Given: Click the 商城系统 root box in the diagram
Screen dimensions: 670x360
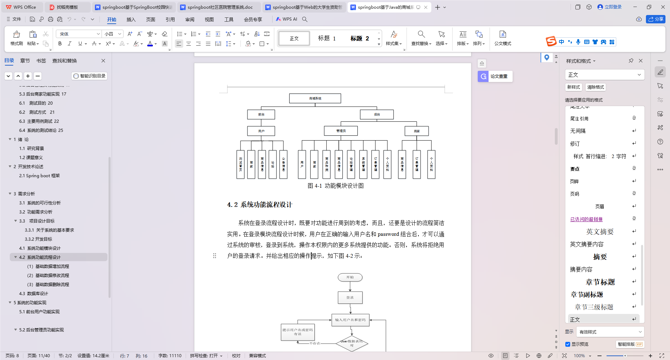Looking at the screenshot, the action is pos(315,98).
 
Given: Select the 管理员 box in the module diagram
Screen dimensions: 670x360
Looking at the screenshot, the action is pos(341,131).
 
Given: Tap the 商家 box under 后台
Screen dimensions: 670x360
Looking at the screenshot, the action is pos(416,131).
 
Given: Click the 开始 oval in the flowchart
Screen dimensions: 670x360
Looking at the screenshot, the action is pos(350,277).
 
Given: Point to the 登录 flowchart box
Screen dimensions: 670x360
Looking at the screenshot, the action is pos(350,298).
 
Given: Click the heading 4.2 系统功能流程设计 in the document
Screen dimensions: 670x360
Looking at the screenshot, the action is pos(260,205).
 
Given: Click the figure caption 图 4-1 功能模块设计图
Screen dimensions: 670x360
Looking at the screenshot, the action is pos(335,186).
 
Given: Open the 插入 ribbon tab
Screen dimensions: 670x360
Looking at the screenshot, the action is pos(131,20).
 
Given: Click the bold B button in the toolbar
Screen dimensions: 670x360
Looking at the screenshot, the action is pos(60,44).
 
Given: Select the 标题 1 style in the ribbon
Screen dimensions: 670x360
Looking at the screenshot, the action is pos(327,38).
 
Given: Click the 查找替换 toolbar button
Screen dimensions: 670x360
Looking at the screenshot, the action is pos(421,38).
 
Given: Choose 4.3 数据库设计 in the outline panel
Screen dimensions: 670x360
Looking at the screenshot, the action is pos(33,294).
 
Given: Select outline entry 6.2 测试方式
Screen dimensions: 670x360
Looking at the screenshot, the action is pos(37,112).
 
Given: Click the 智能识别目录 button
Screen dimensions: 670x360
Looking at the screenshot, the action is pos(89,76).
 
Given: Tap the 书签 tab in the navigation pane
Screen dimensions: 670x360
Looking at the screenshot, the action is pos(41,61).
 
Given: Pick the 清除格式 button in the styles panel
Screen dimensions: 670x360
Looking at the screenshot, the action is pos(595,87).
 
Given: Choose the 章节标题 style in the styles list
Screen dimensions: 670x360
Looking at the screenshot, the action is pos(600,282).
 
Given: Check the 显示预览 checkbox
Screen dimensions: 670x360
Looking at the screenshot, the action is pos(568,344).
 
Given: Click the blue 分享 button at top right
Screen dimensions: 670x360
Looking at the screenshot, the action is pos(656,19).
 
